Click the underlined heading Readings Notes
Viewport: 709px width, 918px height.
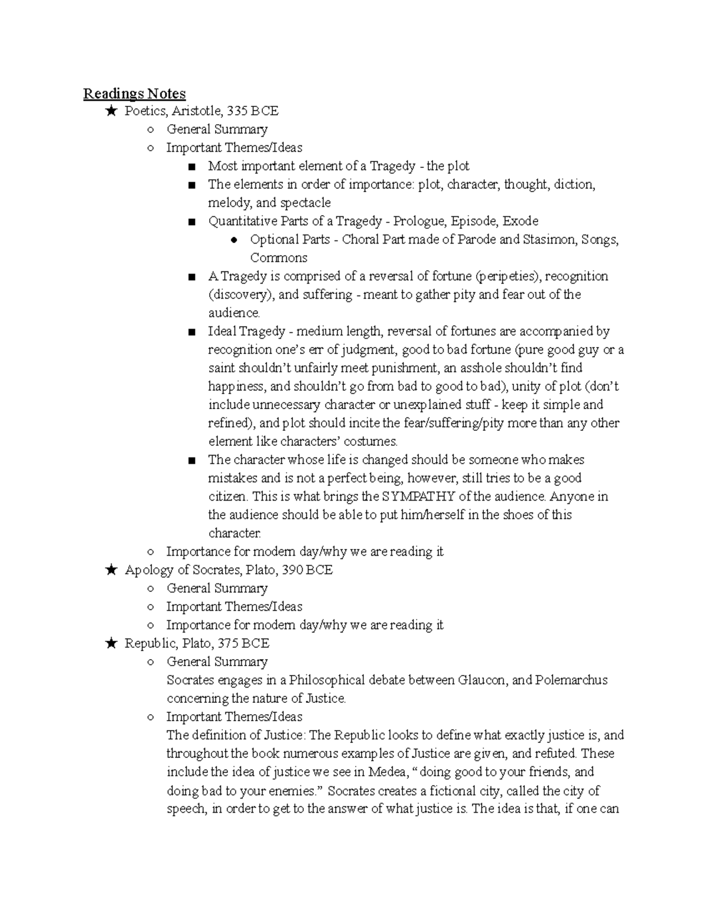134,93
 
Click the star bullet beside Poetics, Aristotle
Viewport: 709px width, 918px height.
110,111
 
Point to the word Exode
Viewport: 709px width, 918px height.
521,221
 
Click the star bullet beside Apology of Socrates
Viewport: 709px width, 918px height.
110,570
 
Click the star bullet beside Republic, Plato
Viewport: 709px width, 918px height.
110,643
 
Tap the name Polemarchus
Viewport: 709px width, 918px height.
571,680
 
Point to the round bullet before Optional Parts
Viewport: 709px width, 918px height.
234,240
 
